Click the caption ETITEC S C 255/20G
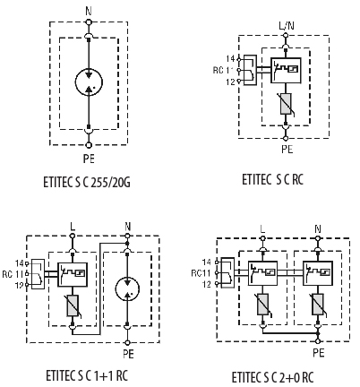(87, 182)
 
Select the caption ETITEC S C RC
(272, 179)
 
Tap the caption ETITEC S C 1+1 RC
(87, 375)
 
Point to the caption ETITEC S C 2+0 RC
(272, 377)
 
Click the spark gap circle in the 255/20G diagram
(89, 82)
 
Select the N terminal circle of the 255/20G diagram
(89, 22)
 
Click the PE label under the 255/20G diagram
(89, 159)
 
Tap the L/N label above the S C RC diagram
(287, 26)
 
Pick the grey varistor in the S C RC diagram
(286, 104)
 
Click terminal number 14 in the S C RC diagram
(230, 59)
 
